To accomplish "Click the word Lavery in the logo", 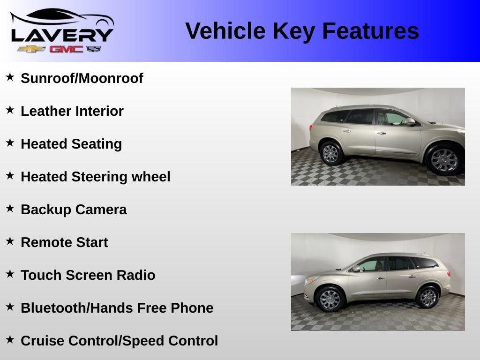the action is click(x=62, y=35).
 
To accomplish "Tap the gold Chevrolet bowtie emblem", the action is click(x=31, y=49).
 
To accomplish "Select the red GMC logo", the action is click(x=67, y=49).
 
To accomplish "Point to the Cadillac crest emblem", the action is click(x=94, y=49).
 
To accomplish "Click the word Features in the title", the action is click(x=370, y=31).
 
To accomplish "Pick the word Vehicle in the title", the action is click(x=225, y=31).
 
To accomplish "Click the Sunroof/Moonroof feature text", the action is click(x=82, y=78).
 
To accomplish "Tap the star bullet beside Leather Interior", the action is click(x=10, y=110).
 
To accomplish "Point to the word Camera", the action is click(x=101, y=210).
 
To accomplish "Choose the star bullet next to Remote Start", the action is click(x=10, y=241).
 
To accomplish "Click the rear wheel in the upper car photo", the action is click(x=330, y=153).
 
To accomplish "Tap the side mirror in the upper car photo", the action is click(x=410, y=121).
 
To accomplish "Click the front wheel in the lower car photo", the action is click(x=330, y=299).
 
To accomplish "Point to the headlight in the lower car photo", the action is click(x=312, y=280).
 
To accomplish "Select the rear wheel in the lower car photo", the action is click(x=428, y=297).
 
